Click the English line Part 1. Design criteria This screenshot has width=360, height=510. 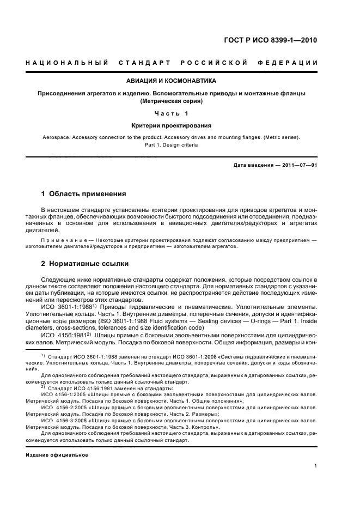click(x=171, y=145)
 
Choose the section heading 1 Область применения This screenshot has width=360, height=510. click(x=84, y=194)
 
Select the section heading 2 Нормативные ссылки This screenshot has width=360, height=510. click(x=86, y=264)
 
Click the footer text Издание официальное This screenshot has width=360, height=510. click(x=57, y=454)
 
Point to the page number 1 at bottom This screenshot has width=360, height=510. click(x=315, y=466)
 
